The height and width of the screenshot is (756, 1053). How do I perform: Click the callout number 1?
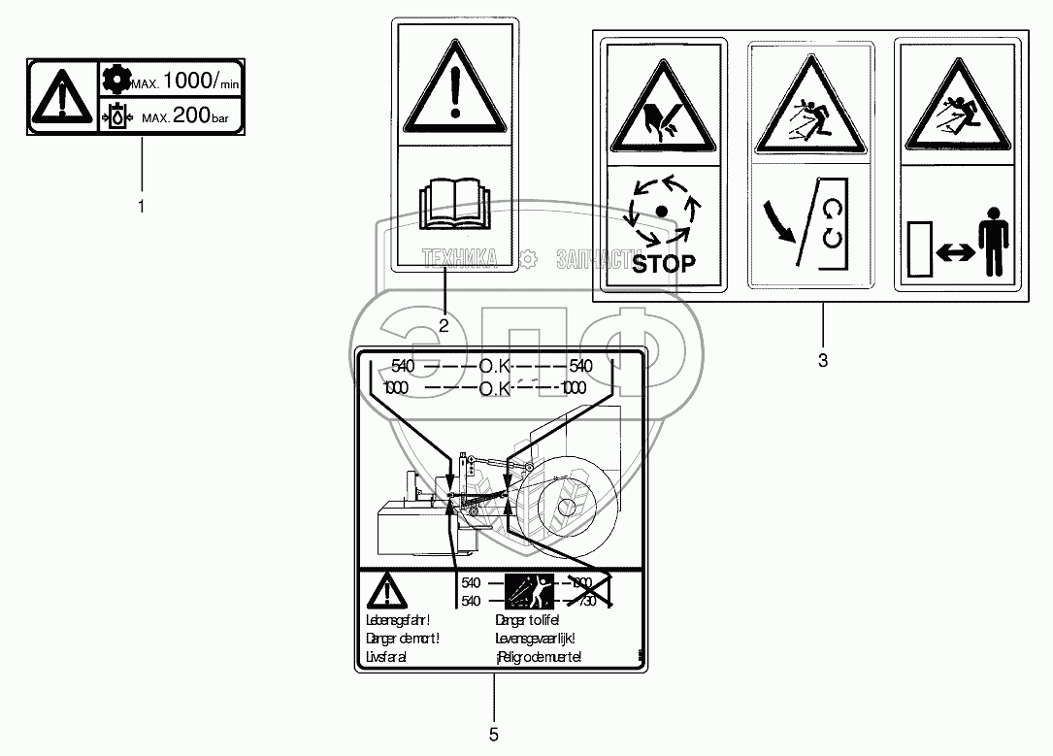(142, 207)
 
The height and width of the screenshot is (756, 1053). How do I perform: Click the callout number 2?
(444, 326)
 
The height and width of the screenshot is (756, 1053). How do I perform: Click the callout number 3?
(823, 361)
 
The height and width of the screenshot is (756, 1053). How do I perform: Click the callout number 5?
(494, 735)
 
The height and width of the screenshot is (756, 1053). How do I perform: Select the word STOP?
(664, 263)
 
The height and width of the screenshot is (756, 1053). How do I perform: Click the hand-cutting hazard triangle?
(664, 112)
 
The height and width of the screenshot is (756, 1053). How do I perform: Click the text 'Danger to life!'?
(528, 620)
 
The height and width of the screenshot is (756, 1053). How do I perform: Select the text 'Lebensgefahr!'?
(397, 620)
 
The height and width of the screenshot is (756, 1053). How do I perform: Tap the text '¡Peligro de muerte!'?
(538, 658)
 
